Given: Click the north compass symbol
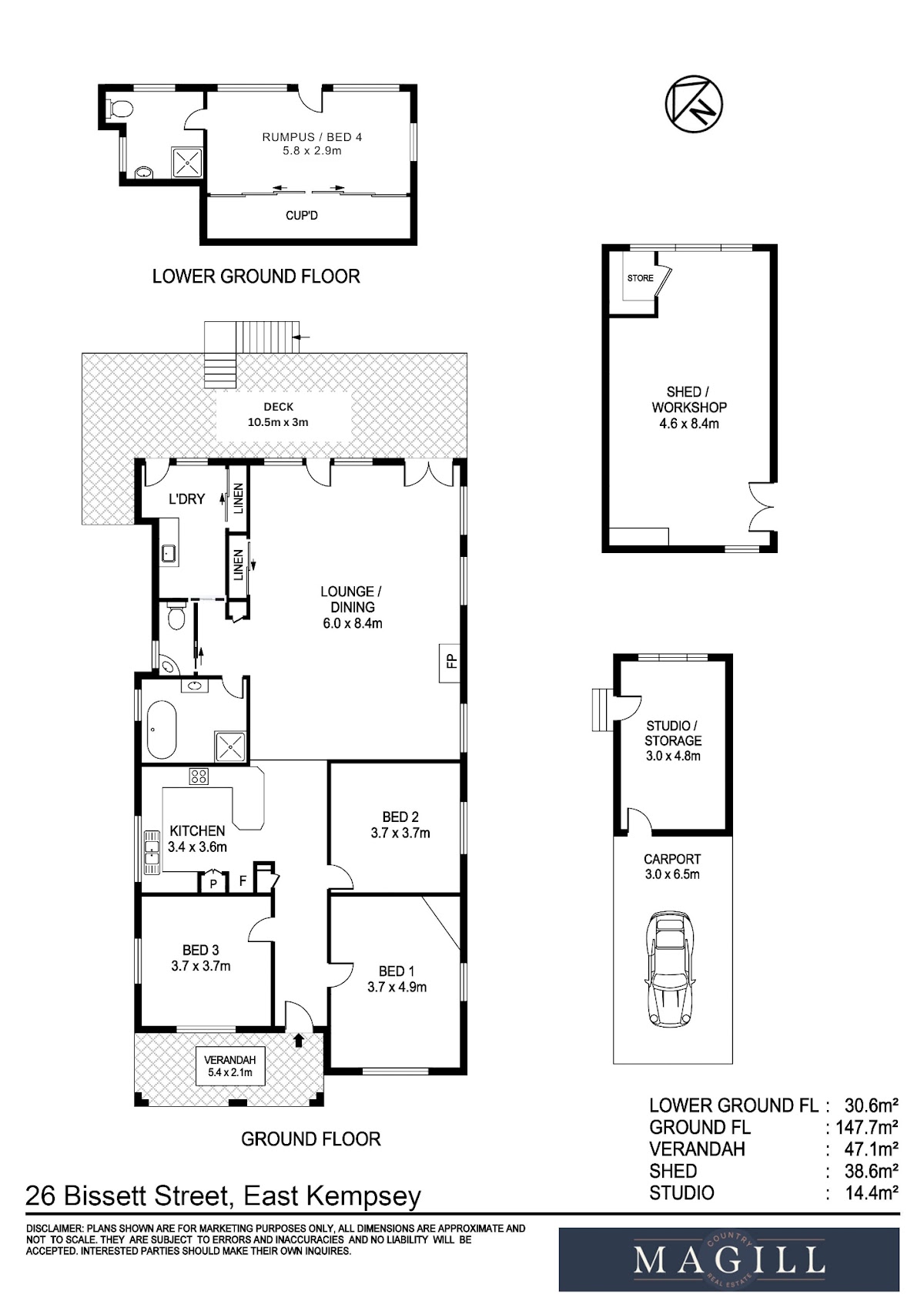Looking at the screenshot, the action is pyautogui.click(x=694, y=103).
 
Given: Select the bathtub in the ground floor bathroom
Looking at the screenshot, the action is pyautogui.click(x=162, y=729).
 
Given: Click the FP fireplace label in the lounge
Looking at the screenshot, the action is pyautogui.click(x=450, y=662).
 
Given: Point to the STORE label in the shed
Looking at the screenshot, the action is pyautogui.click(x=641, y=278).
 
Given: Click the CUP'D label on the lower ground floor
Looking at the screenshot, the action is pyautogui.click(x=302, y=216).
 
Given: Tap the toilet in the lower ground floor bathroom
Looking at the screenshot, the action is pyautogui.click(x=121, y=108).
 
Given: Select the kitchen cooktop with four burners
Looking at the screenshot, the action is pyautogui.click(x=199, y=776).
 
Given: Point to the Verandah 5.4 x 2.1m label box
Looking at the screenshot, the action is pyautogui.click(x=230, y=1065).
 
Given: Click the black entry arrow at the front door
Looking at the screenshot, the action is pyautogui.click(x=298, y=1039).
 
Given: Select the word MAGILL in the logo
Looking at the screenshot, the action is pyautogui.click(x=729, y=1260).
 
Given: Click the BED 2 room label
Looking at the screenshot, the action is pyautogui.click(x=400, y=817).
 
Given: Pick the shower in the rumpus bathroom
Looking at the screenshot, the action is pyautogui.click(x=187, y=163).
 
